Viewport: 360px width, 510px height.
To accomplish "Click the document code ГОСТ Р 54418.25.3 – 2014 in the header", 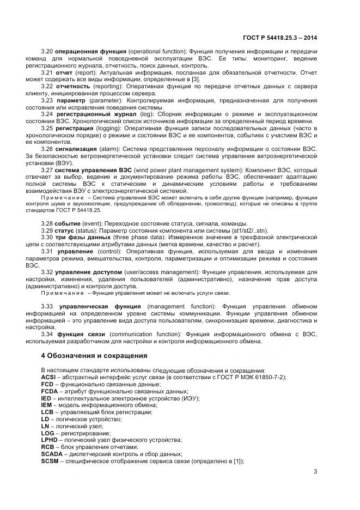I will tap(279, 38).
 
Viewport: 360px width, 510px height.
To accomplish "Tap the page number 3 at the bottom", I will tap(315, 471).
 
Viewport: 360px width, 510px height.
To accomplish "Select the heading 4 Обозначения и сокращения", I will tap(94, 355).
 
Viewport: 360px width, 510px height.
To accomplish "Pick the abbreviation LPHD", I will tap(49, 439).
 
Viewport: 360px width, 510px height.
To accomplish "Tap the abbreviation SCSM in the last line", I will tap(50, 461).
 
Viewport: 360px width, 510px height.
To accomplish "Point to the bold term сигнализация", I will tap(76, 149).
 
